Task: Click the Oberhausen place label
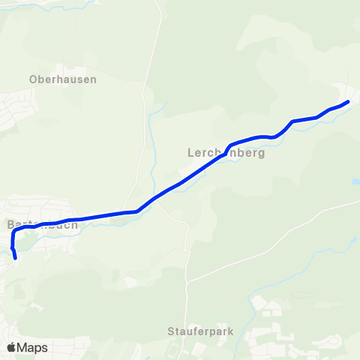[x=63, y=79]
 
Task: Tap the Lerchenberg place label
[x=226, y=151]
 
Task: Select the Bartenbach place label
[x=42, y=224]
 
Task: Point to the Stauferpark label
[x=201, y=331]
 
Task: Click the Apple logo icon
[x=11, y=347]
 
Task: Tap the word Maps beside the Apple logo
[x=32, y=347]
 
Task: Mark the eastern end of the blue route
[x=348, y=101]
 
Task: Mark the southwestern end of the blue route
[x=16, y=259]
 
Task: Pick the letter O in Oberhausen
[x=34, y=79]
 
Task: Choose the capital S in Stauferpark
[x=171, y=331]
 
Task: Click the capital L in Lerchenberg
[x=190, y=151]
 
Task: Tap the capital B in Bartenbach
[x=10, y=224]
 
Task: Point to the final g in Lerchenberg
[x=261, y=153]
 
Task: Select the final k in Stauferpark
[x=231, y=331]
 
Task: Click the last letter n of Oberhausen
[x=93, y=79]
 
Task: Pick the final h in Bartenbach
[x=74, y=224]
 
